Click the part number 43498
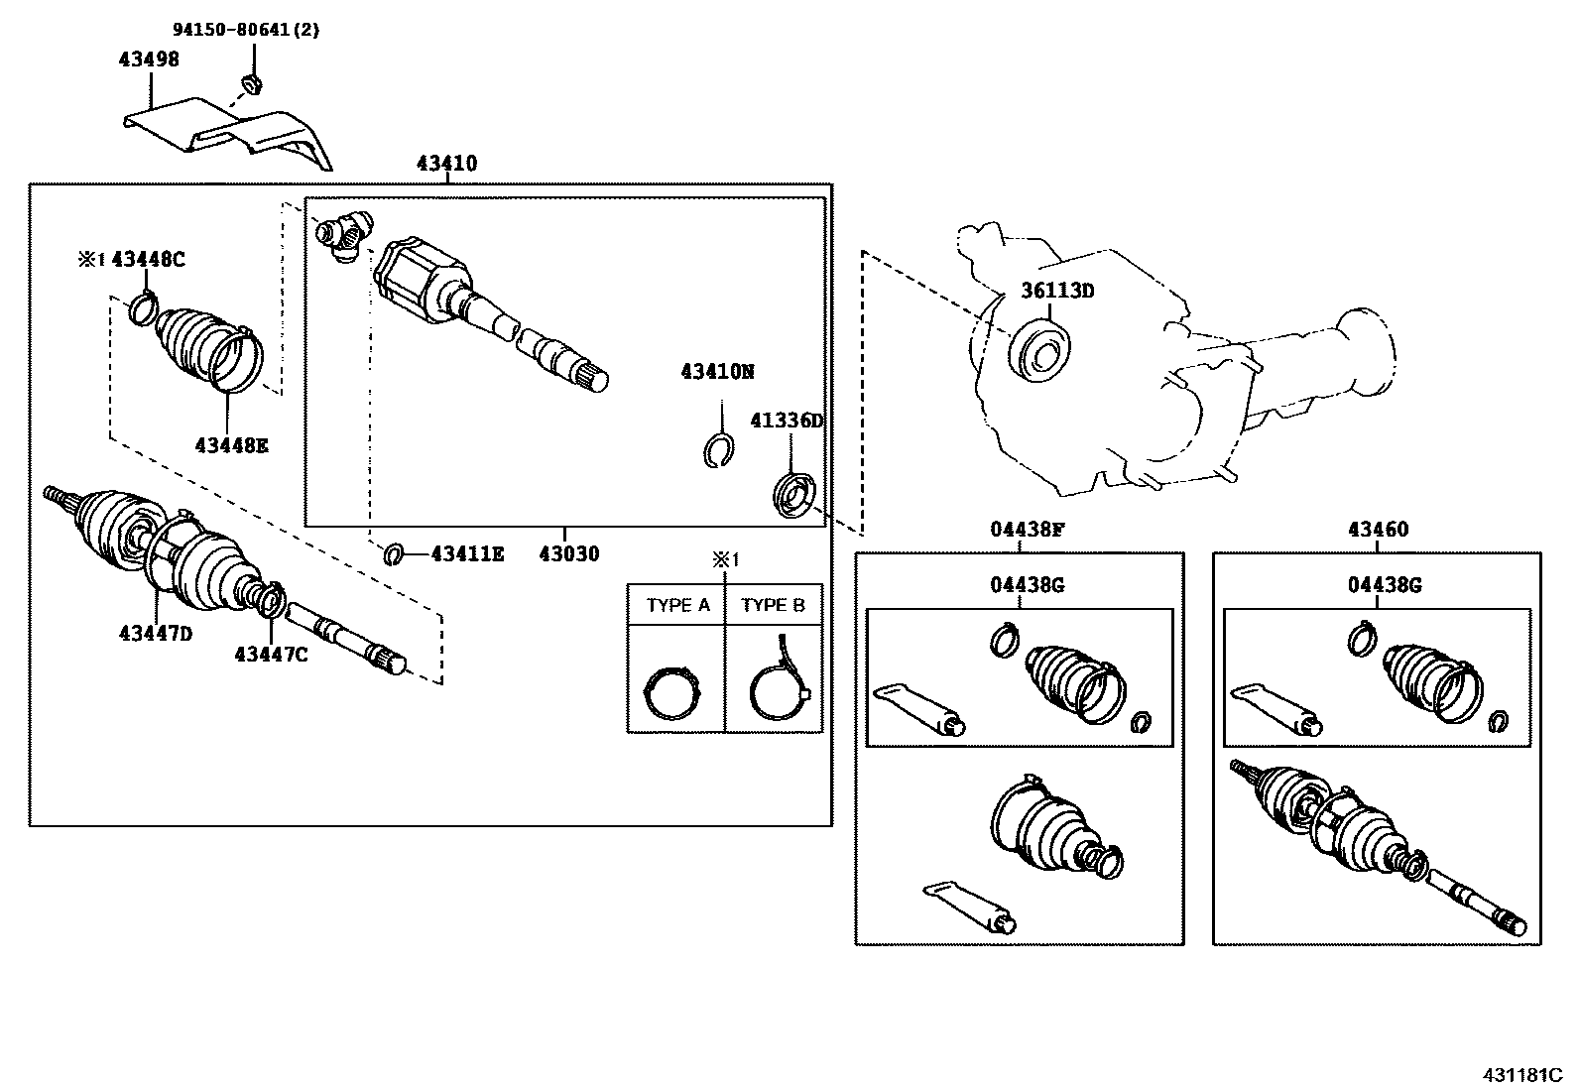pyautogui.click(x=149, y=59)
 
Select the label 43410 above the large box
pyautogui.click(x=446, y=164)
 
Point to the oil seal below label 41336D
pyautogui.click(x=795, y=495)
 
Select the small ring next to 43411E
pyautogui.click(x=394, y=553)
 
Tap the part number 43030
pyautogui.click(x=569, y=553)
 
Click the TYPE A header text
pyautogui.click(x=677, y=605)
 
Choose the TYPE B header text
pyautogui.click(x=774, y=605)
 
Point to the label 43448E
pyautogui.click(x=231, y=445)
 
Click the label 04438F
pyautogui.click(x=1027, y=530)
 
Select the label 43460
pyautogui.click(x=1378, y=530)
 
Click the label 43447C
pyautogui.click(x=271, y=654)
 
